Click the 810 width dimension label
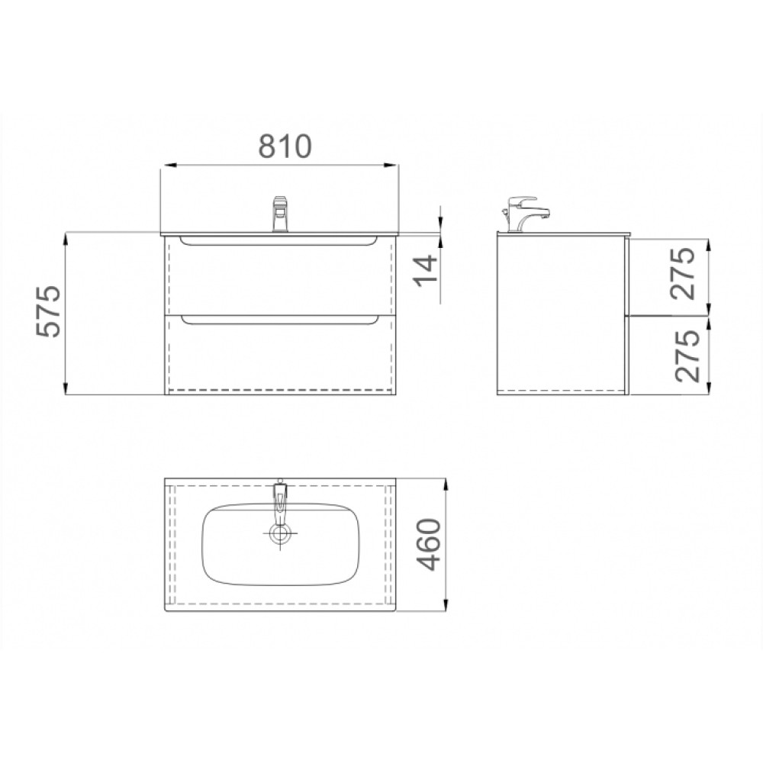[x=284, y=146]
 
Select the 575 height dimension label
[x=49, y=311]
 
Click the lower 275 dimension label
[x=687, y=356]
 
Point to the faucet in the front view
[x=281, y=214]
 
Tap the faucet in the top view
[x=280, y=501]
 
